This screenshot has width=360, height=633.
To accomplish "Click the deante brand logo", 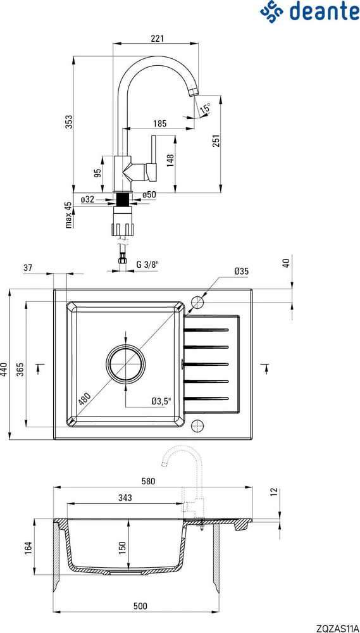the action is (x=309, y=11).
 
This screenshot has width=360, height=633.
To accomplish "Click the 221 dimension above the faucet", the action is (x=156, y=39).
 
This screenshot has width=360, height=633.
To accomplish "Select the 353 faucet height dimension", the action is (x=69, y=122).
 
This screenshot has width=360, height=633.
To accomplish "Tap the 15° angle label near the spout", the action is (x=205, y=109).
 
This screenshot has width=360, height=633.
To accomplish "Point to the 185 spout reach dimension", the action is (x=160, y=123).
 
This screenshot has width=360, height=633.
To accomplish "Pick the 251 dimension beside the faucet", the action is (x=216, y=141).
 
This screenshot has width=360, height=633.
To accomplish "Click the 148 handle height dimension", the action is (x=170, y=161).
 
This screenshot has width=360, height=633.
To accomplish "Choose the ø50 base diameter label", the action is (x=149, y=194).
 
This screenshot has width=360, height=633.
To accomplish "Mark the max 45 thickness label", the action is (x=69, y=215).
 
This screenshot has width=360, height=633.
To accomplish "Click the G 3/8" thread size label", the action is (x=147, y=265).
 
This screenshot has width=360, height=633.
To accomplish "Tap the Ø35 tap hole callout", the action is (x=241, y=272).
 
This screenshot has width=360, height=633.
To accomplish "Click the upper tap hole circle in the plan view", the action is (x=198, y=301).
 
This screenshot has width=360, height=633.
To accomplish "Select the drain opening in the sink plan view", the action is (x=125, y=363).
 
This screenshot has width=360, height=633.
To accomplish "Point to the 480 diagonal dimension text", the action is (x=84, y=399).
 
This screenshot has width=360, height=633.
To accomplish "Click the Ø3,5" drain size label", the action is (x=161, y=401).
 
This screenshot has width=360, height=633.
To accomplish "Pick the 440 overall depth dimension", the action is (x=4, y=368).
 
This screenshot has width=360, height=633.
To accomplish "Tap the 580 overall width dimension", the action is (x=149, y=481).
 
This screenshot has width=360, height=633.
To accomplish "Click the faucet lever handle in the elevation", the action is (x=152, y=158).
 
